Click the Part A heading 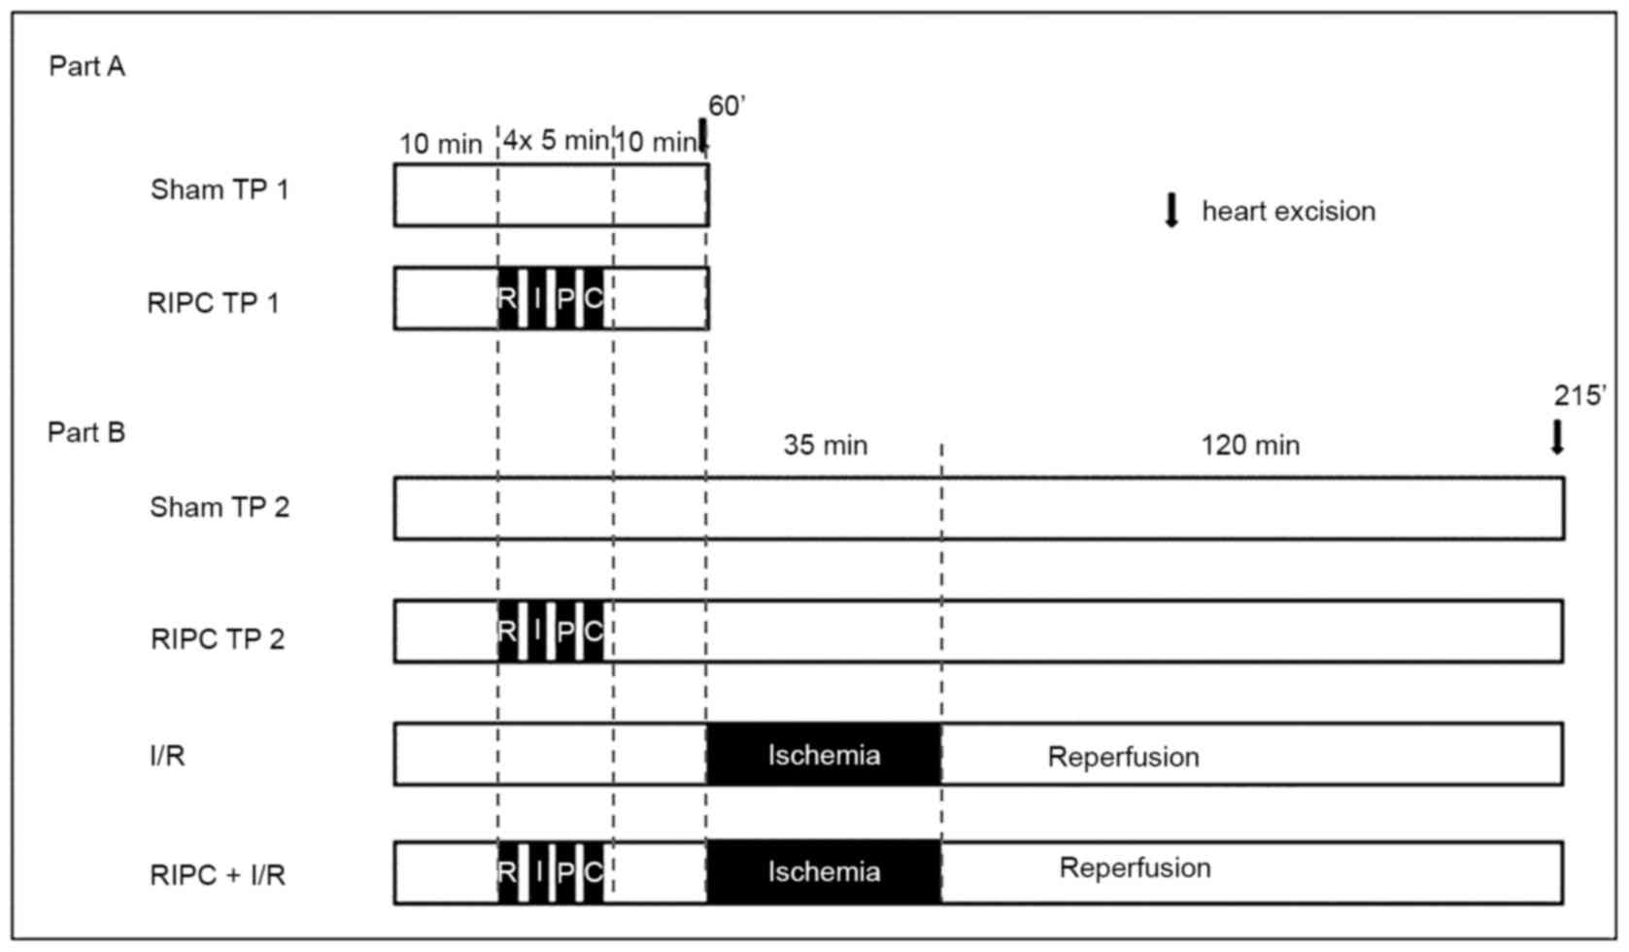coord(86,66)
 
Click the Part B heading coord(86,431)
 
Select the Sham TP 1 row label coord(220,188)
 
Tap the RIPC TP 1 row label coord(213,303)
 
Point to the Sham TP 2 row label coord(220,507)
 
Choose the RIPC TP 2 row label coord(218,639)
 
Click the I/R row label coord(167,755)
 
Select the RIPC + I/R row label coord(218,875)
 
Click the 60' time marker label coord(727,107)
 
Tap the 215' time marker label coord(1579,395)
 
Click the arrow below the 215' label coord(1557,437)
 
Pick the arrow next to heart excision coord(1171,210)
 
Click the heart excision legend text coord(1288,211)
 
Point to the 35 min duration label coord(826,445)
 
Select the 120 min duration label coord(1250,445)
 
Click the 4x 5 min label coord(555,141)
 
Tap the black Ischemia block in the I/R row coord(824,755)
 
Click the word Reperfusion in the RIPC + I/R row coord(1135,867)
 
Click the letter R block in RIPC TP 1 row coord(507,298)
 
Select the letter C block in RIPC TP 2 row coord(594,631)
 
